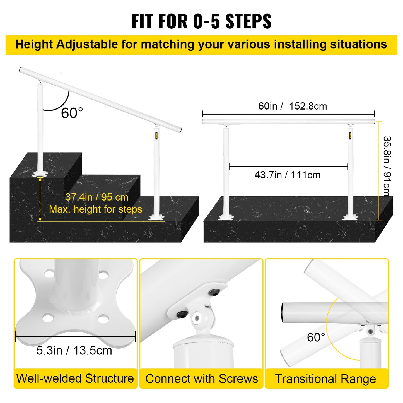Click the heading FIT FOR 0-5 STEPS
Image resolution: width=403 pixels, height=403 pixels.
click(201, 21)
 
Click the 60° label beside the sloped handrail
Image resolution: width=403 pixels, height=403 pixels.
click(72, 113)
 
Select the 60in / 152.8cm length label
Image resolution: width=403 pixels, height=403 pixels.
click(292, 106)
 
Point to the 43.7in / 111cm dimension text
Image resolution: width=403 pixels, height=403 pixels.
click(287, 175)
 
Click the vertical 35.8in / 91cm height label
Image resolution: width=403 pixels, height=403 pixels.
click(387, 166)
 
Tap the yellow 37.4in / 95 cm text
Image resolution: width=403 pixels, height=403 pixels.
click(97, 197)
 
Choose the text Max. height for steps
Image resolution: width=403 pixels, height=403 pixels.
click(95, 209)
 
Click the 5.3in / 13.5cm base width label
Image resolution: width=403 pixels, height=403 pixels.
click(74, 351)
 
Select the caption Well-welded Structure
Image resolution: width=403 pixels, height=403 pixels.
click(75, 378)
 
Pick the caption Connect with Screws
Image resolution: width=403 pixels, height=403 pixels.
click(201, 379)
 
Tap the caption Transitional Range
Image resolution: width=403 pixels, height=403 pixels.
click(325, 379)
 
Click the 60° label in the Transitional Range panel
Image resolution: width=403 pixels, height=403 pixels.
click(316, 337)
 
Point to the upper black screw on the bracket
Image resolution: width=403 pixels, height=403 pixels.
click(214, 292)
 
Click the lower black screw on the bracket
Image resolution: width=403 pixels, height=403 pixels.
click(181, 314)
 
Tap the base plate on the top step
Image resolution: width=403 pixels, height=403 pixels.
click(40, 174)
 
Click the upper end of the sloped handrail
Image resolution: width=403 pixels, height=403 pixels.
click(21, 69)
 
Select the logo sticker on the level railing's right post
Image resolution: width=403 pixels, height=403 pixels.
click(350, 136)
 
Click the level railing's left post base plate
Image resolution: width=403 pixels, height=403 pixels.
click(225, 217)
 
